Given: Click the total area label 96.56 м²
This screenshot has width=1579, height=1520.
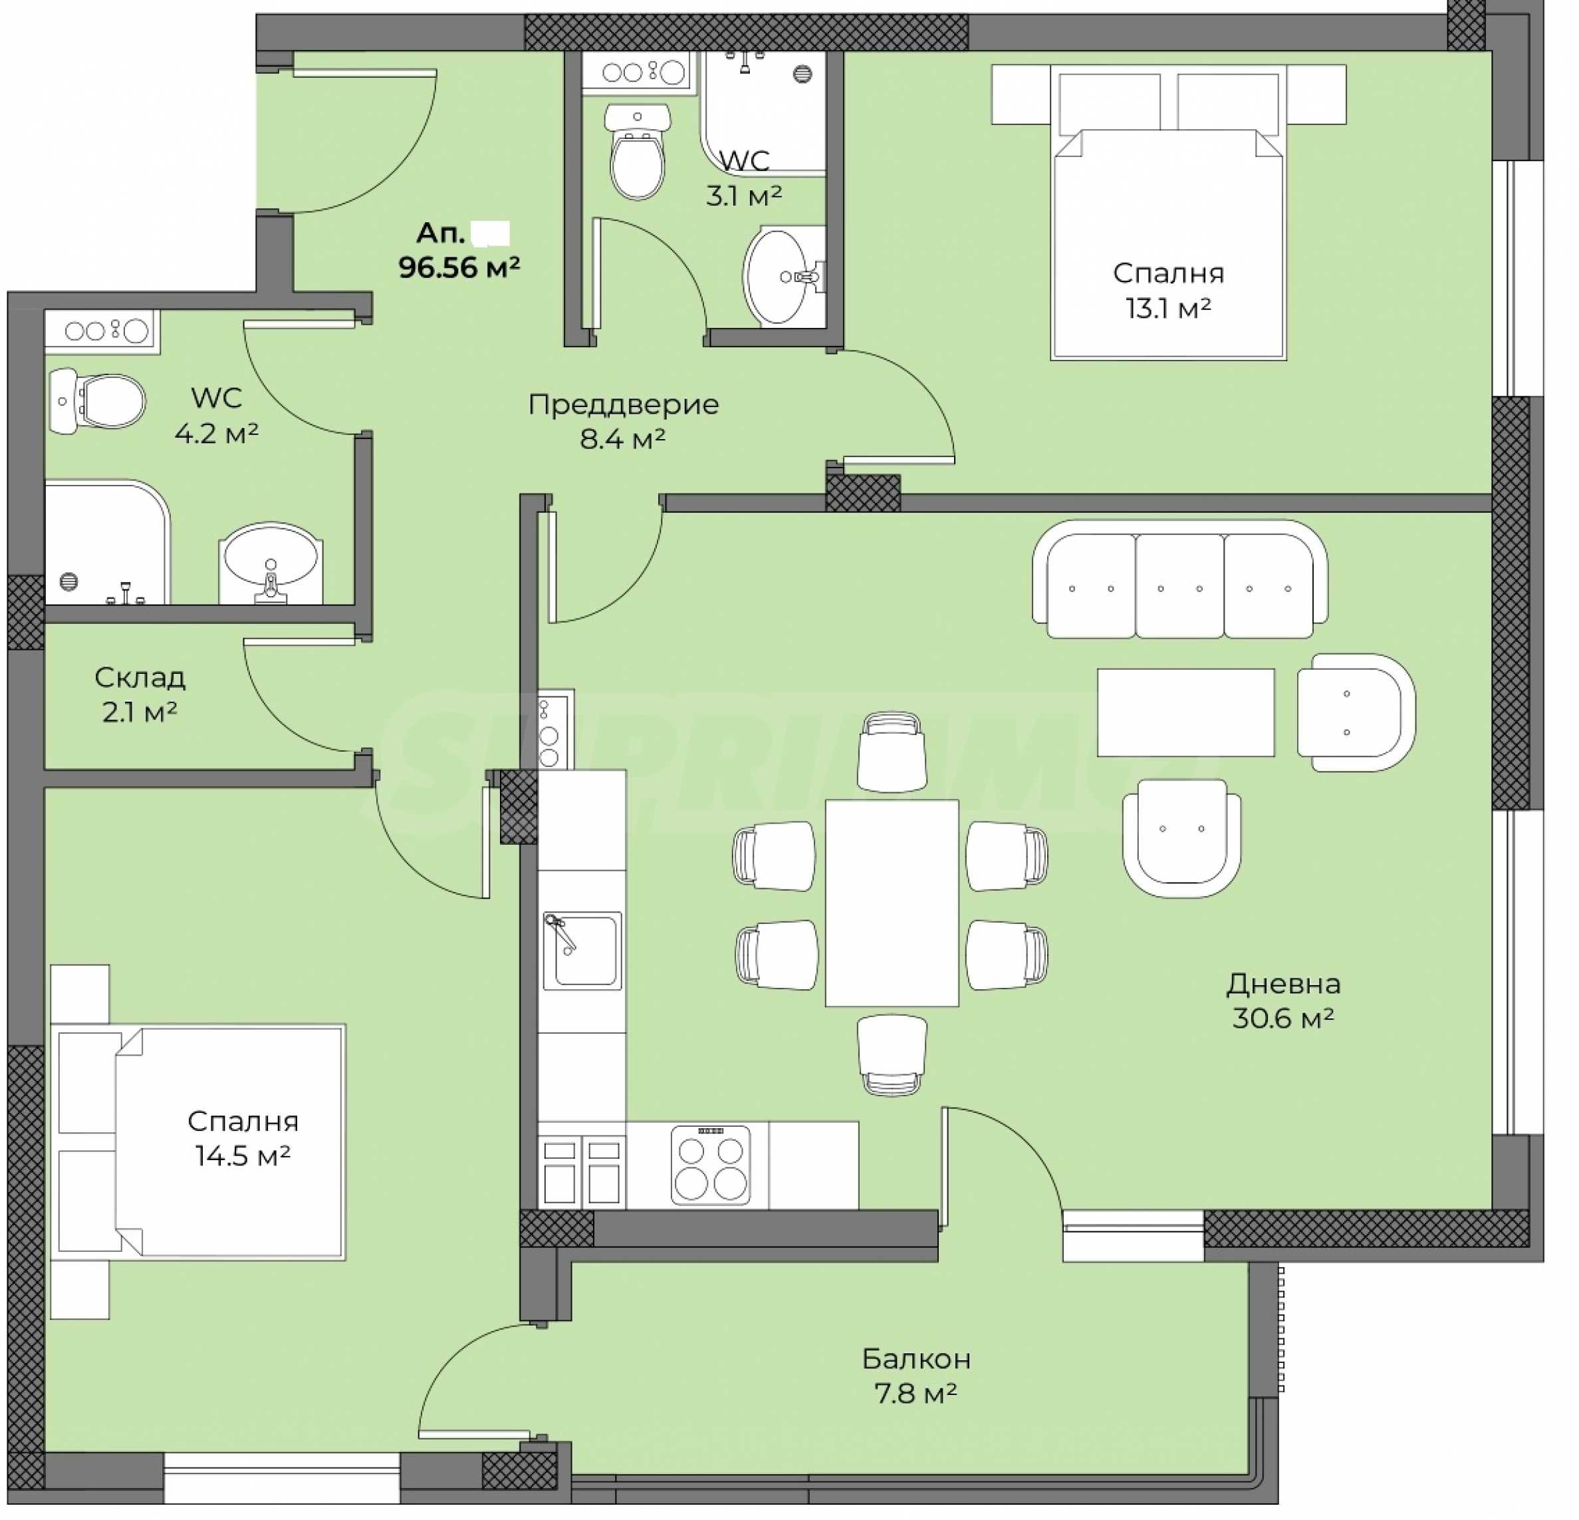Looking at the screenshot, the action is pos(458,267).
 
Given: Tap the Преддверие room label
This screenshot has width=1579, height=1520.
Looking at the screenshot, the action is pos(624,404).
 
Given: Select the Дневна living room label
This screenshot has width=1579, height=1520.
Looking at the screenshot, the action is pos(1283,983).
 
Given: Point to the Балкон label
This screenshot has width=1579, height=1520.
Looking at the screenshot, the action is pos(916,1359).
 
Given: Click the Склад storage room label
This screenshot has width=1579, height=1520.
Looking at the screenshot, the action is pos(140,677).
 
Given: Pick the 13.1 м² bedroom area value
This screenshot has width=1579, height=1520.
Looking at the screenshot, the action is pos(1168,308).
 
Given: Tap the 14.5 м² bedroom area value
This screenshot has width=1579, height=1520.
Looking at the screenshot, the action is pos(243,1155).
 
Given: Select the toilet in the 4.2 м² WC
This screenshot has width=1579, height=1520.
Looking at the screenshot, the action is pos(96,400).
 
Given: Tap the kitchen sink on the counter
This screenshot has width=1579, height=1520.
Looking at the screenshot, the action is pos(582,951).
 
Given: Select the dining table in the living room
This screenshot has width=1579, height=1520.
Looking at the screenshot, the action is pos(892,903).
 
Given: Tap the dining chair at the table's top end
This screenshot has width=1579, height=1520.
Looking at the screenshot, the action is pos(892,751).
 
